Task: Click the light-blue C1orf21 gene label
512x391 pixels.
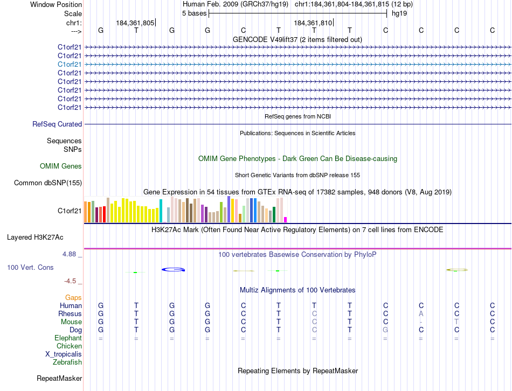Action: [70, 64]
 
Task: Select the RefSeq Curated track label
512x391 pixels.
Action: [57, 124]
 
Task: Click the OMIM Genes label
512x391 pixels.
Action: [61, 166]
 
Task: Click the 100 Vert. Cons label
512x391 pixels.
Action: [30, 267]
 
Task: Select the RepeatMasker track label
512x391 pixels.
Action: [59, 379]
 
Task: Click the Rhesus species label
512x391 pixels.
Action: [70, 314]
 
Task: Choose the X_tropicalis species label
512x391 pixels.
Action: [64, 354]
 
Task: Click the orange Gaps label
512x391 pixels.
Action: [73, 297]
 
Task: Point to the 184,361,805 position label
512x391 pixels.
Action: [135, 23]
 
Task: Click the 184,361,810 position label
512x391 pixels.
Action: [313, 23]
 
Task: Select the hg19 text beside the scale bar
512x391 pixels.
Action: [399, 13]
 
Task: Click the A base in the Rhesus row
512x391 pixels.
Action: [421, 314]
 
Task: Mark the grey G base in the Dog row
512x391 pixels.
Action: [385, 330]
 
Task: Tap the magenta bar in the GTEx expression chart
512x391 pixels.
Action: [285, 219]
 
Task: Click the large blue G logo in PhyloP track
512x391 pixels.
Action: [174, 269]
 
